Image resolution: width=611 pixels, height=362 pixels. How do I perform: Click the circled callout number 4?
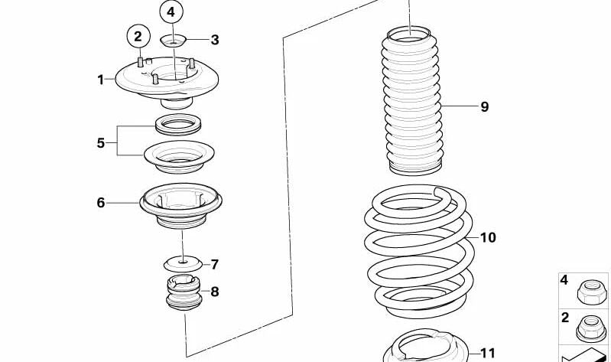click(171, 12)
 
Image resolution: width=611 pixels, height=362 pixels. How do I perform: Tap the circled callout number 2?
click(138, 35)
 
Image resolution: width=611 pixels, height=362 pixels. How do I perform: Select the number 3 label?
click(215, 40)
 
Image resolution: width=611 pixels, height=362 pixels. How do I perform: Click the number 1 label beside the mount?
click(100, 79)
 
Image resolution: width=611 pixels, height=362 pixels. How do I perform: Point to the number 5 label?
click(100, 142)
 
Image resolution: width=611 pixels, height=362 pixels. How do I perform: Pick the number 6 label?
click(100, 203)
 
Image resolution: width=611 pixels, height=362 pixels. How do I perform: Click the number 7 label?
click(215, 265)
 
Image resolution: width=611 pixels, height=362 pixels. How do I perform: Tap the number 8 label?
click(215, 291)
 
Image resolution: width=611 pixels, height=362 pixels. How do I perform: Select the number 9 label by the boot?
click(484, 107)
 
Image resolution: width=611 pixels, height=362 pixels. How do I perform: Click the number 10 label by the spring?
click(488, 238)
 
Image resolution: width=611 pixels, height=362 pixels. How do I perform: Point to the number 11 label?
click(488, 353)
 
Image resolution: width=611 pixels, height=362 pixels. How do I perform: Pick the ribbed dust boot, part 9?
click(414, 99)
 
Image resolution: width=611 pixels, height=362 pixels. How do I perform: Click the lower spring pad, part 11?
click(424, 348)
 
